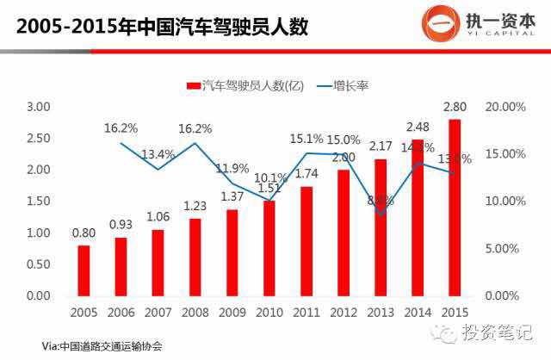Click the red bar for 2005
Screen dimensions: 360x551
point(84,270)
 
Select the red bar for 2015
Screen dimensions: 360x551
point(455,207)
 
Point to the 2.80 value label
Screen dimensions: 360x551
point(455,108)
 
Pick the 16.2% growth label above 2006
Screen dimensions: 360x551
point(121,128)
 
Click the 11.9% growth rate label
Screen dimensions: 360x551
point(232,168)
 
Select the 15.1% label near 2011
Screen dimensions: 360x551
point(306,138)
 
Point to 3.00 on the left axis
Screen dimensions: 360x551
point(39,107)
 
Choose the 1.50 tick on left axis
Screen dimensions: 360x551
point(39,202)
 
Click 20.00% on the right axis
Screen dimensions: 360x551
point(505,107)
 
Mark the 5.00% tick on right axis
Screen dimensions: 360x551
point(505,248)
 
